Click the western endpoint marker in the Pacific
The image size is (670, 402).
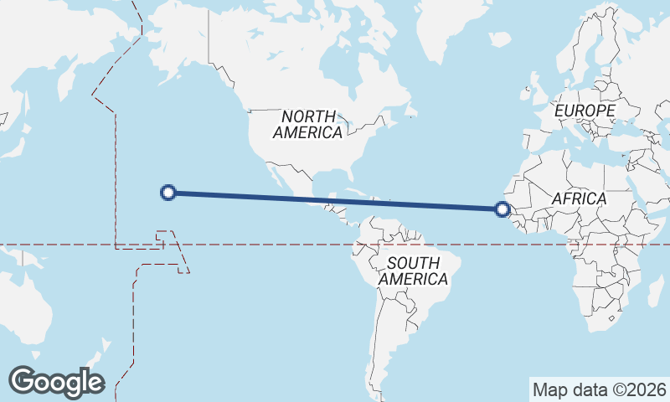[x=167, y=193]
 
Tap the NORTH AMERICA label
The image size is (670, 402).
[x=308, y=124]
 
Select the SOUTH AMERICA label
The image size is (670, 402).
[x=413, y=271]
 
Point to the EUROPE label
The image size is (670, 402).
[x=585, y=111]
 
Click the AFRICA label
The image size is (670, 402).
[x=579, y=198]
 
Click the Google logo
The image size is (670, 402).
[x=56, y=381]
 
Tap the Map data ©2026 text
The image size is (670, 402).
[x=599, y=389]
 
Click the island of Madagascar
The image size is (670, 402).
[x=656, y=294]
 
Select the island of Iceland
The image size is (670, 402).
[x=499, y=39]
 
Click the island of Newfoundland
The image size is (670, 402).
[x=410, y=110]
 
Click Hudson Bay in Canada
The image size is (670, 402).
[x=339, y=63]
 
